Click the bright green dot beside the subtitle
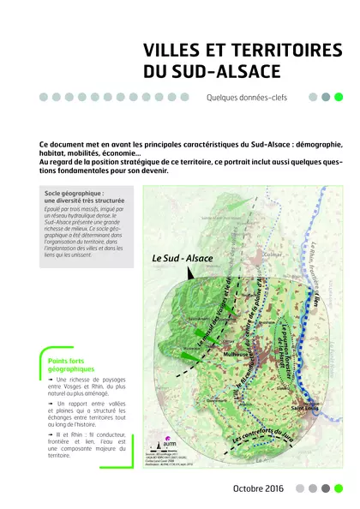click(x=338, y=97)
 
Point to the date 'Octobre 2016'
click(x=257, y=488)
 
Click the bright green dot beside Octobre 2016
click(x=338, y=488)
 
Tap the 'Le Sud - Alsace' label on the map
click(x=181, y=256)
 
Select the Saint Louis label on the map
click(x=310, y=408)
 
